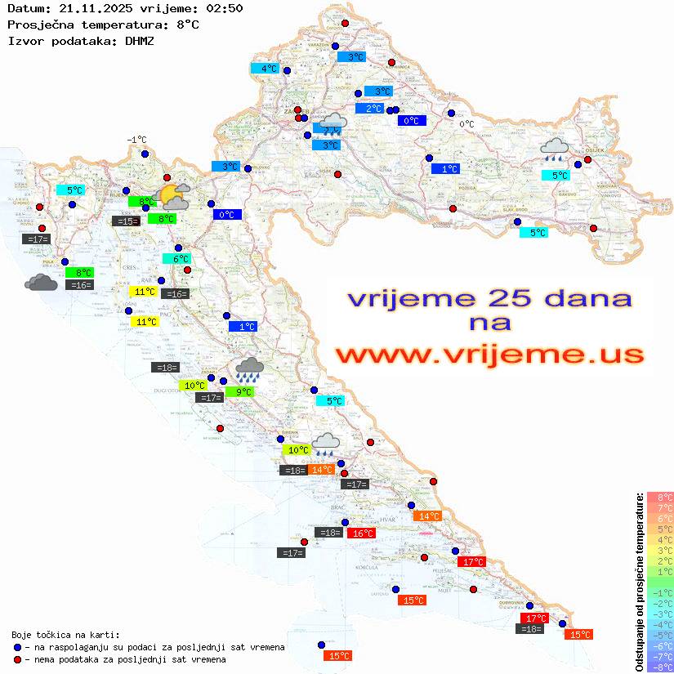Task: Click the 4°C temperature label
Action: click(269, 69)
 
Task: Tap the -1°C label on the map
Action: click(136, 140)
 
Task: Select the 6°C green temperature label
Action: click(181, 259)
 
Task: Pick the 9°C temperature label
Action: click(243, 392)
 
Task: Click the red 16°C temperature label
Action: click(361, 533)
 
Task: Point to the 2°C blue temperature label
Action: click(373, 109)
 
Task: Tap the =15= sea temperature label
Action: click(126, 221)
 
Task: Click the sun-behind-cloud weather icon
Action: click(173, 195)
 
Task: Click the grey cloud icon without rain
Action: click(41, 283)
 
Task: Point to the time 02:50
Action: click(223, 8)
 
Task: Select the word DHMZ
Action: click(139, 40)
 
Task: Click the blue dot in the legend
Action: click(17, 647)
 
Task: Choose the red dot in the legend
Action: click(17, 659)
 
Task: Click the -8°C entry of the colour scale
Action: click(659, 667)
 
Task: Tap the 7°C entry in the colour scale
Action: click(660, 508)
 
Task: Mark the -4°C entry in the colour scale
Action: click(659, 625)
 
